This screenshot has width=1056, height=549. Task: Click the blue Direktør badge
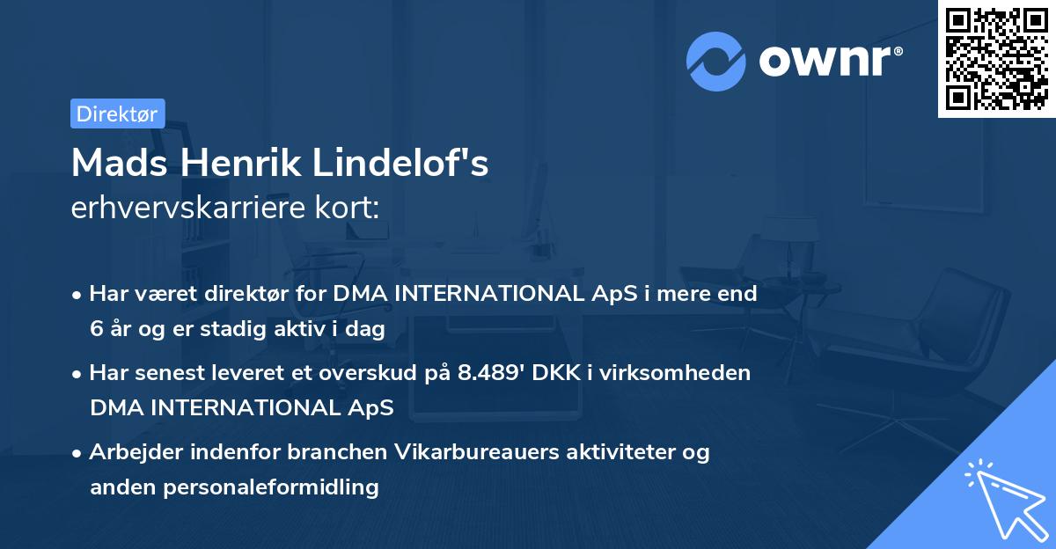pos(117,113)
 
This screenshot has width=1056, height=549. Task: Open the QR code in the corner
pos(995,59)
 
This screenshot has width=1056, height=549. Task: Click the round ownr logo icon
pos(716,61)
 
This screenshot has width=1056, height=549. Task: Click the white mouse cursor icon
pos(1003,499)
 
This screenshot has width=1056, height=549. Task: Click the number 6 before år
pos(96,328)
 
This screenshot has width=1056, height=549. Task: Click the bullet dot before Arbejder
pos(77,452)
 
